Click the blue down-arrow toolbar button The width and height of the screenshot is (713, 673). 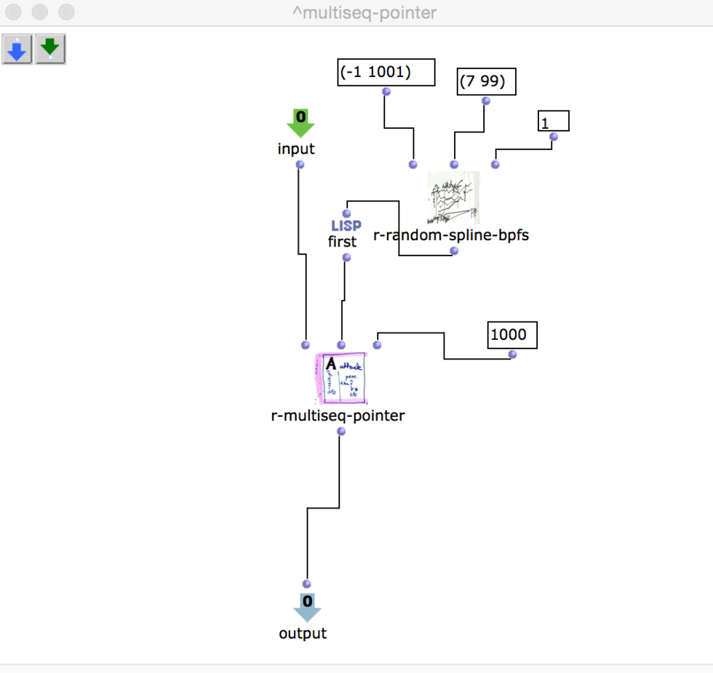(x=17, y=49)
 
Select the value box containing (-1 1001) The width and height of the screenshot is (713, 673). (x=386, y=73)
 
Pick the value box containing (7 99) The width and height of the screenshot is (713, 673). (x=486, y=81)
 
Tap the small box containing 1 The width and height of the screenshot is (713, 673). (x=553, y=121)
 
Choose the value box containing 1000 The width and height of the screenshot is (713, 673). (x=512, y=335)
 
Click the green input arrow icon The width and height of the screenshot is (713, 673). (x=300, y=123)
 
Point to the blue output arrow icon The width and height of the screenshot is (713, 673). (x=307, y=607)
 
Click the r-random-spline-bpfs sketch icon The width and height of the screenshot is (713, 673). (x=453, y=199)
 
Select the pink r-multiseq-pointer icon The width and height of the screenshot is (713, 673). (x=341, y=378)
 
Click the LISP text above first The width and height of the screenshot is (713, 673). (x=346, y=226)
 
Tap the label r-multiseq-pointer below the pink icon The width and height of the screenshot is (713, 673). (x=338, y=416)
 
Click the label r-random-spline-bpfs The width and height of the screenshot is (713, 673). (x=450, y=235)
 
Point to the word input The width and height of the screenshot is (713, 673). (x=296, y=149)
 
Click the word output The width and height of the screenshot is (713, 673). (x=303, y=634)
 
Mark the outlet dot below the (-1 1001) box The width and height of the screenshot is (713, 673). (x=386, y=92)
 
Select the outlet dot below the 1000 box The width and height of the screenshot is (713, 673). (x=512, y=354)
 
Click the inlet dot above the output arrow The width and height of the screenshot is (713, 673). (x=306, y=584)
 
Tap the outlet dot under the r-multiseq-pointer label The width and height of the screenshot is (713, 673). (x=341, y=431)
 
